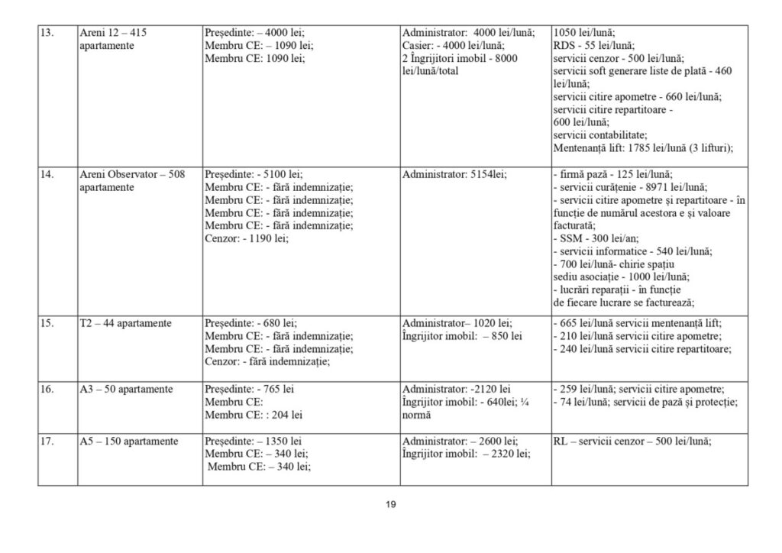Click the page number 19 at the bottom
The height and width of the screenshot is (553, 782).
[390, 504]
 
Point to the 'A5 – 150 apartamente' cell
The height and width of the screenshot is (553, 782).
[129, 441]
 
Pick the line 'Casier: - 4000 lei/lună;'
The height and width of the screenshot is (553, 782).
[459, 46]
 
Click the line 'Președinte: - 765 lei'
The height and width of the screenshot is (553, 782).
[250, 390]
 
